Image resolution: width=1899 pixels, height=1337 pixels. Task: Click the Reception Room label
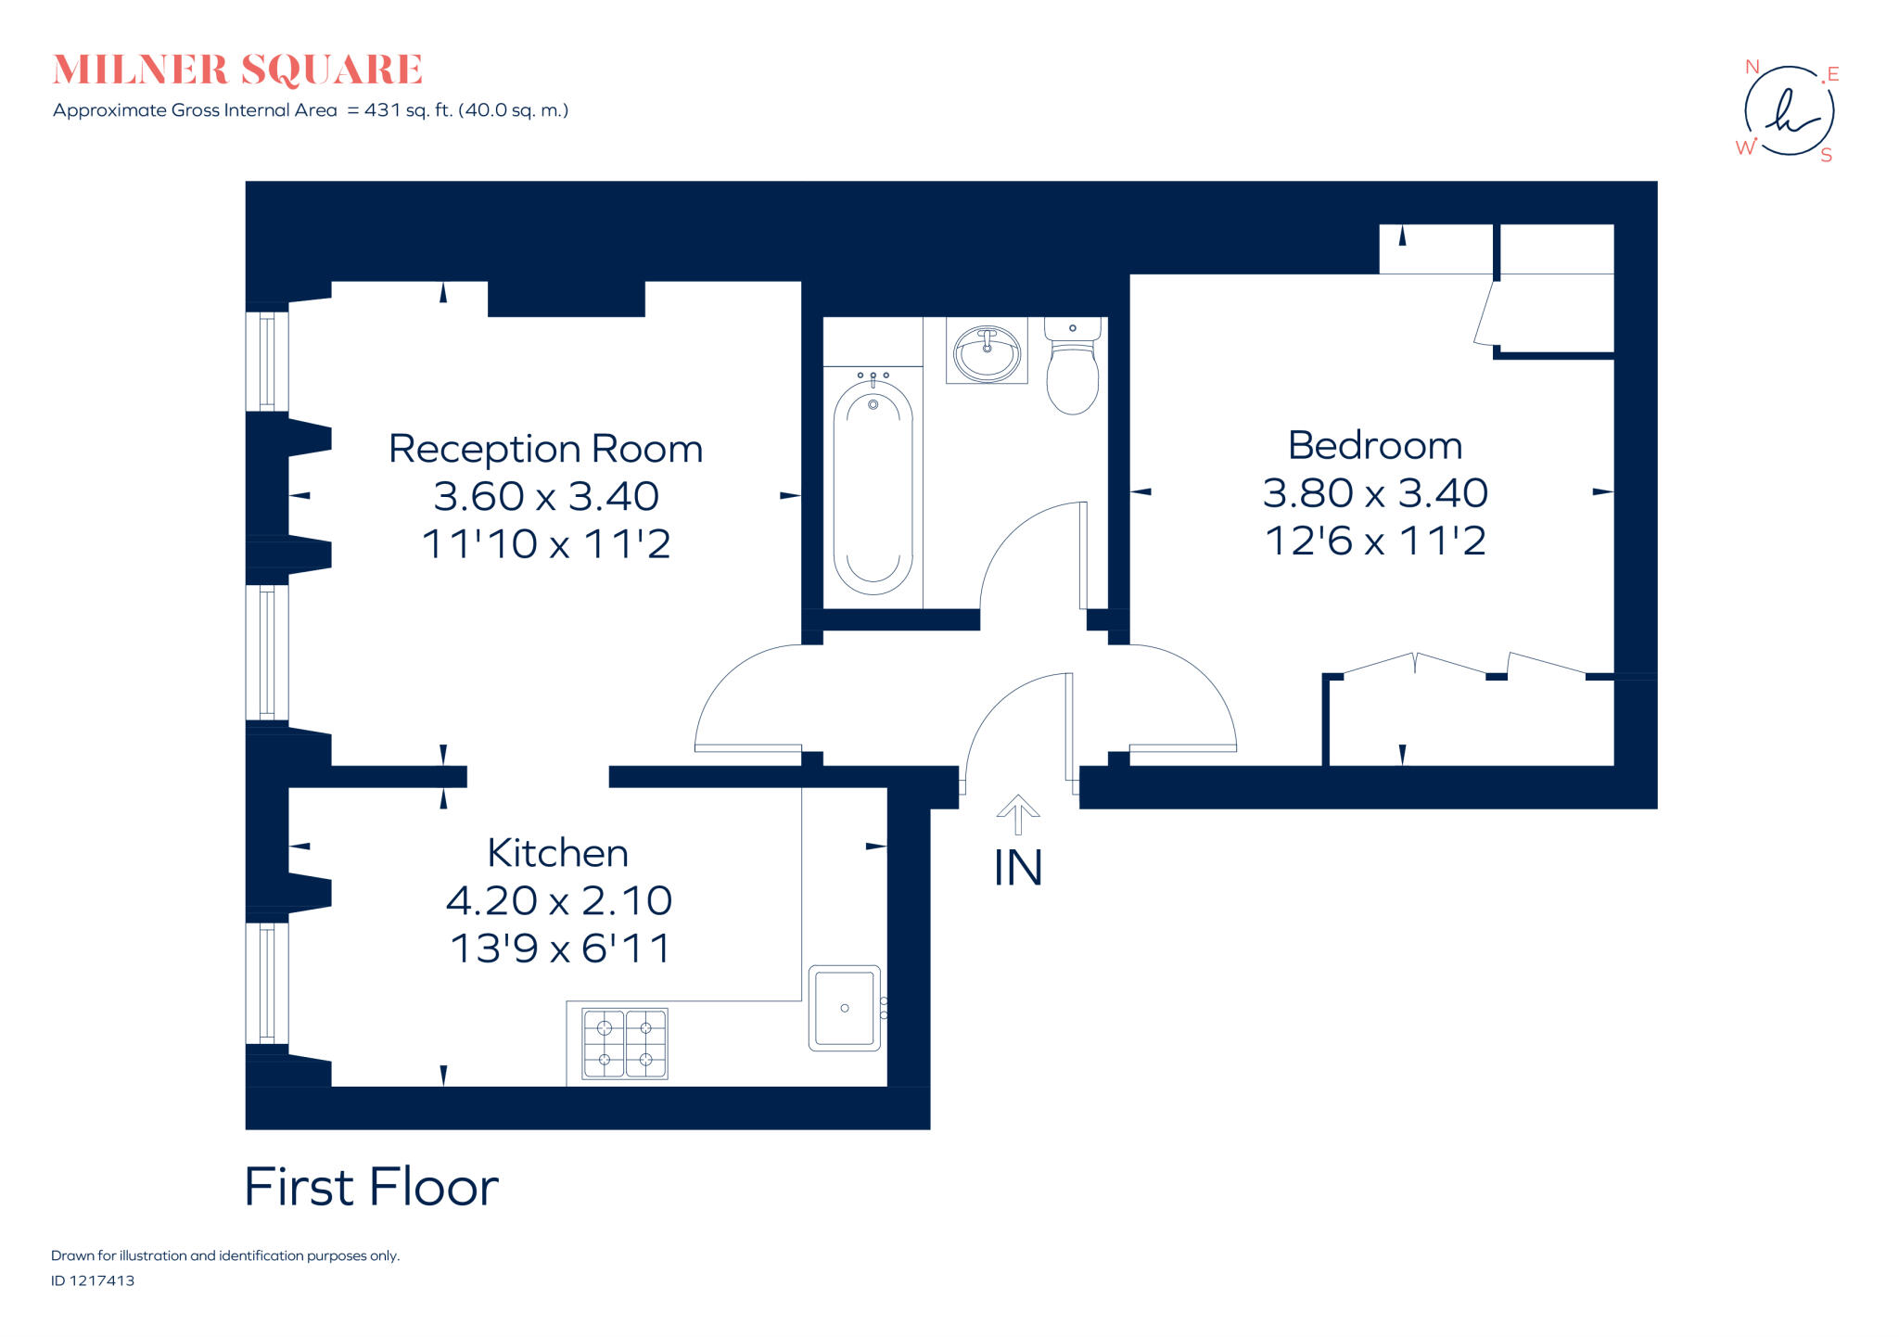pos(545,450)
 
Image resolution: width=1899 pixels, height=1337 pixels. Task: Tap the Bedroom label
pos(1375,446)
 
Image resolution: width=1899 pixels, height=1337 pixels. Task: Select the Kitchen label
pos(557,853)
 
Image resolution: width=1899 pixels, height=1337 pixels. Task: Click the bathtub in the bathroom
pos(873,487)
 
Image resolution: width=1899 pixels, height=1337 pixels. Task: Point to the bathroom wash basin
pos(987,352)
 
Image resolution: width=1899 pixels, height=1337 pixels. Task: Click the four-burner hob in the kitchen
pos(625,1043)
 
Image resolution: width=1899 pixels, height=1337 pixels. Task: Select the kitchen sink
pos(845,1008)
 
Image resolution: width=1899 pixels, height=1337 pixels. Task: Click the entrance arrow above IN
pos(1018,813)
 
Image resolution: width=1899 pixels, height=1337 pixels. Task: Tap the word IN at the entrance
pos(1018,869)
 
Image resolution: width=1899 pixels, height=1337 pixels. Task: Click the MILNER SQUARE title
pos(238,70)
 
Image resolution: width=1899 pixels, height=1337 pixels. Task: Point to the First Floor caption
pos(371,1187)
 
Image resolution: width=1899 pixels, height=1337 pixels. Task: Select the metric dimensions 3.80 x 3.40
pos(1375,493)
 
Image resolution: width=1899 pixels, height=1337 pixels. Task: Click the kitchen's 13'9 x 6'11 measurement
pos(560,949)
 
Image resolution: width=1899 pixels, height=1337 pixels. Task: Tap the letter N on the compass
pos(1752,67)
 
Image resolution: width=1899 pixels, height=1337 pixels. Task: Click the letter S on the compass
pos(1826,156)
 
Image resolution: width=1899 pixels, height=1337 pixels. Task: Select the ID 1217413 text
pos(93,1280)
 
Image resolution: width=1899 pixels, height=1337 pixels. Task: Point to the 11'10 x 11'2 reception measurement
pos(546,544)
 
